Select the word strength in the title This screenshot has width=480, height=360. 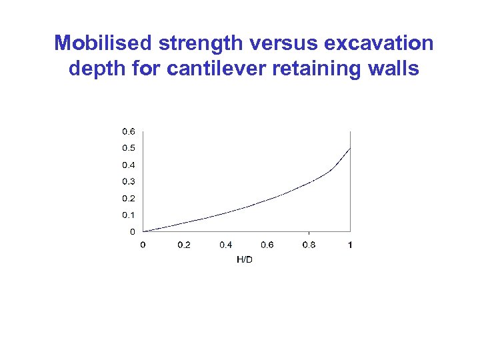tap(191, 44)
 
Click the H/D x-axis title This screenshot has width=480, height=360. tap(245, 259)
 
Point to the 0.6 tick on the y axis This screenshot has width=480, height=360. tap(127, 131)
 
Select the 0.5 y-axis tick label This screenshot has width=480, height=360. tap(127, 148)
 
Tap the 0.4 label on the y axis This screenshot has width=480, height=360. tap(127, 165)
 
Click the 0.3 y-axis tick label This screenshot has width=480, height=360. tap(127, 181)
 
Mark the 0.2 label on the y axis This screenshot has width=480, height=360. tap(127, 199)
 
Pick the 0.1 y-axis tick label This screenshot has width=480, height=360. tap(127, 215)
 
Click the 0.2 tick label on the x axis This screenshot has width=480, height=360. tap(184, 245)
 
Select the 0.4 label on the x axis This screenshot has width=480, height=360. tap(225, 245)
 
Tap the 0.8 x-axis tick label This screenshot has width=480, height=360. tap(309, 245)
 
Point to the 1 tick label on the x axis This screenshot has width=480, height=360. tap(351, 245)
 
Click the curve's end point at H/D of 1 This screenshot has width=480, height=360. tap(350, 148)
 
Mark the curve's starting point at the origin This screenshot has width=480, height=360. tap(143, 231)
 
